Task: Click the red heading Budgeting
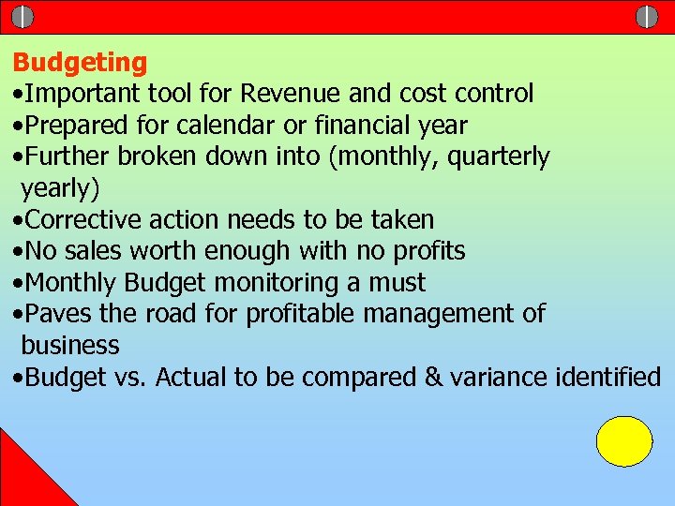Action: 80,63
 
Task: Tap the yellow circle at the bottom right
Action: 624,441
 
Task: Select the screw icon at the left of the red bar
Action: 23,17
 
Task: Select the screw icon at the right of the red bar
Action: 647,17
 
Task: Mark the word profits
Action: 427,251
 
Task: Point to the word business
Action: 70,346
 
